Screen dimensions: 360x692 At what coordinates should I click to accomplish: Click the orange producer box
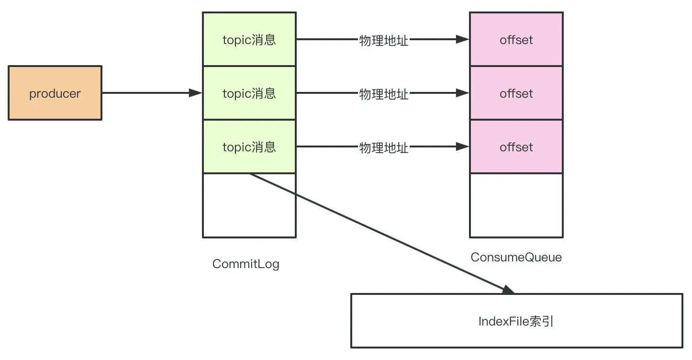click(x=55, y=93)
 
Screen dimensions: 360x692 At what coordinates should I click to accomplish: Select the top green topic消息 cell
click(x=249, y=39)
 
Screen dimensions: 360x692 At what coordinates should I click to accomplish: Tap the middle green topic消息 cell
click(x=249, y=93)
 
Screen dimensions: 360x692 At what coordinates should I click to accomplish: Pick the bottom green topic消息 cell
click(x=249, y=146)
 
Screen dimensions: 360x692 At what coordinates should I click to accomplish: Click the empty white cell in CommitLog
click(x=249, y=205)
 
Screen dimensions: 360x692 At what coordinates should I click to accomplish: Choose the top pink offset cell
click(x=516, y=39)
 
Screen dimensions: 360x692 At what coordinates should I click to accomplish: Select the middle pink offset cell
click(x=516, y=93)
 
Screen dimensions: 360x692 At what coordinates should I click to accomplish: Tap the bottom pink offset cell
click(x=516, y=146)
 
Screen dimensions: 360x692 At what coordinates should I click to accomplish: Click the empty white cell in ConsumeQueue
click(x=516, y=205)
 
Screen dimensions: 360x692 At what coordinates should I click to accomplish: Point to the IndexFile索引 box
click(x=516, y=321)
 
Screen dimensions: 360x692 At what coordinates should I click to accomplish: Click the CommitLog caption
click(x=246, y=264)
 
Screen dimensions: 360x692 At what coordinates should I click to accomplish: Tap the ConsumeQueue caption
click(x=516, y=257)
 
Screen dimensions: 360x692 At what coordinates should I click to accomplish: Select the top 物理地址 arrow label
click(x=384, y=40)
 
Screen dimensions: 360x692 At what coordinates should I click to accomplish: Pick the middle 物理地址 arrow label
click(x=384, y=94)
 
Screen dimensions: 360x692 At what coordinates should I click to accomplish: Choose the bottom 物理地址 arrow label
click(x=384, y=147)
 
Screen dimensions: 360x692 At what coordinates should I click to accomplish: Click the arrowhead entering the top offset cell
click(x=463, y=39)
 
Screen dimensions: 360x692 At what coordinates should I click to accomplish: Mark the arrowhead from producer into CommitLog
click(x=196, y=93)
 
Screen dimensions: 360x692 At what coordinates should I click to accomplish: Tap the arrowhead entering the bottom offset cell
click(x=463, y=146)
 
